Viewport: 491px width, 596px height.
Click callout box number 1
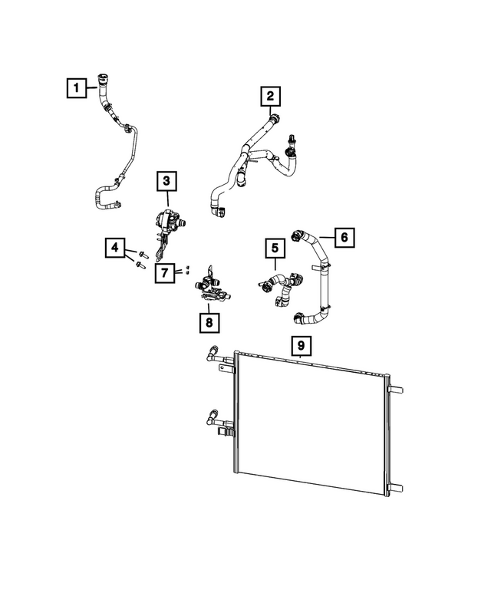tap(74, 89)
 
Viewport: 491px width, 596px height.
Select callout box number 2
tap(269, 97)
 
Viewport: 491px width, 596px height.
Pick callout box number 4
tap(114, 248)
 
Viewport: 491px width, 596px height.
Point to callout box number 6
tap(344, 237)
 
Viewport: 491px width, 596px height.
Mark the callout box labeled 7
tap(165, 272)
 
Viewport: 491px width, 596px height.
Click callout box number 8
tap(208, 322)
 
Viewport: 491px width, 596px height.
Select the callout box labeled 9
tap(301, 346)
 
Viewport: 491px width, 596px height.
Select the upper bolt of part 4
tap(143, 253)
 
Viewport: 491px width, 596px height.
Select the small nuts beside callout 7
tap(186, 270)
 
